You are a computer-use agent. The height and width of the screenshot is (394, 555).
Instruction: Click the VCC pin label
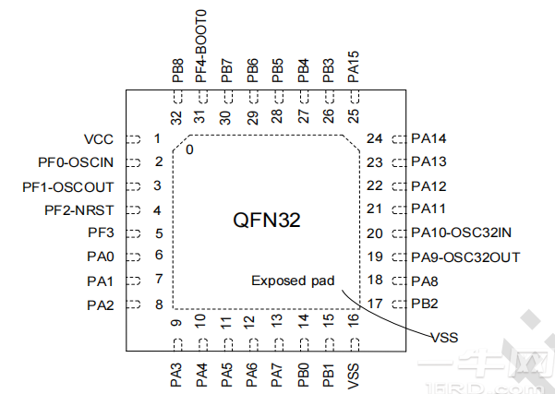tap(98, 139)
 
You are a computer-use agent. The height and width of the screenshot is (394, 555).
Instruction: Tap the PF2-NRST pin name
tap(78, 210)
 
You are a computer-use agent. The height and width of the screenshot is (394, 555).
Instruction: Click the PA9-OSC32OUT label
tap(465, 257)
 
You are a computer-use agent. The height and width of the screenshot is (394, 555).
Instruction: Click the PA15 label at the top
tap(353, 66)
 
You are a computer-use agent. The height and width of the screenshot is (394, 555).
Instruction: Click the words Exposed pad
tap(293, 281)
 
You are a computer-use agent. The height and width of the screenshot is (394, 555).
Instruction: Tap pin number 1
tap(157, 139)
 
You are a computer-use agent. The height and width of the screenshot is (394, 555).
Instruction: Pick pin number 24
tap(374, 139)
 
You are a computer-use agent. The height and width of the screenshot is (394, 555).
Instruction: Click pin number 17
tap(374, 304)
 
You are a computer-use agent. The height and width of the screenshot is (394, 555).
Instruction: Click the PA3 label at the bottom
tap(176, 374)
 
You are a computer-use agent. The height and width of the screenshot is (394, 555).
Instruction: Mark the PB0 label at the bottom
tap(303, 374)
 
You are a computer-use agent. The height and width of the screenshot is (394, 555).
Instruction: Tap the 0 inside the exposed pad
tap(189, 149)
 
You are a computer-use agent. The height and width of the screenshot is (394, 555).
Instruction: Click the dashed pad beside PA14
tap(399, 139)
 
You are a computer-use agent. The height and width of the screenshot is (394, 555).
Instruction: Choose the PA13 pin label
tap(428, 162)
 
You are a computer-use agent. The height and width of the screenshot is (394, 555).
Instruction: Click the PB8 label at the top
tap(176, 69)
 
